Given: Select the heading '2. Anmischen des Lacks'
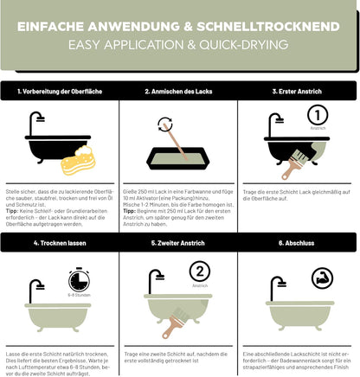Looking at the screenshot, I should (x=179, y=90).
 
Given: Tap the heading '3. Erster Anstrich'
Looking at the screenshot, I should (x=299, y=90).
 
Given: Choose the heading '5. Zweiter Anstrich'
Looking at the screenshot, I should (x=179, y=245).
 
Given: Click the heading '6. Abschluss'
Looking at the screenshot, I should (x=299, y=245).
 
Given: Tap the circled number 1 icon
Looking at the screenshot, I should (x=318, y=116).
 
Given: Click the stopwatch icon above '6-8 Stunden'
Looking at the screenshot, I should (x=79, y=279).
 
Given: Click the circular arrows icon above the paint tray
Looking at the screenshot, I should (x=164, y=126).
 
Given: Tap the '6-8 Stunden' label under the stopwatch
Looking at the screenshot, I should (x=79, y=297).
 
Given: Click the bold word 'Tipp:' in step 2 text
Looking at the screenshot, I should (x=132, y=209).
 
